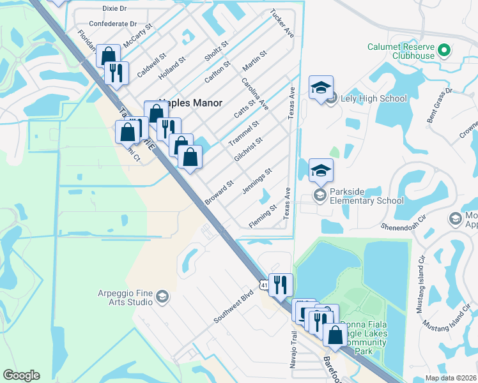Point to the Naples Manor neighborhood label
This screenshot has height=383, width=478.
[x=192, y=103]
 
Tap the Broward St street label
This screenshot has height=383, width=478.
[x=218, y=193]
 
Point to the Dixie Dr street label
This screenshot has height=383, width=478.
[x=116, y=9]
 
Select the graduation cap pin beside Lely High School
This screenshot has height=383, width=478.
[x=321, y=87]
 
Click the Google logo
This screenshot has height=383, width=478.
[x=21, y=375]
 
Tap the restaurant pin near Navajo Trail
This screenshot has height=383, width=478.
[x=281, y=285]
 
